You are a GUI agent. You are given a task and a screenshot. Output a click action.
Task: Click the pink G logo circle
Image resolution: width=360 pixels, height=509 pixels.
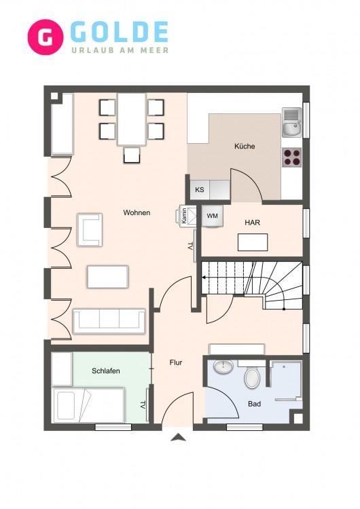45,37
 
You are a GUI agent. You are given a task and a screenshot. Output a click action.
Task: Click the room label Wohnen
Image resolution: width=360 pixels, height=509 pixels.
137,212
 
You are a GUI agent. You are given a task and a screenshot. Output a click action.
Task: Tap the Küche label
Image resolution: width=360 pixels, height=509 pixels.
245,146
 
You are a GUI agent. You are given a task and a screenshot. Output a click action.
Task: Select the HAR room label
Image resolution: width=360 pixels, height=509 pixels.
253,223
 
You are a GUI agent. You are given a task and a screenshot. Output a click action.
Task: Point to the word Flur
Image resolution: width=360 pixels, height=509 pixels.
176,362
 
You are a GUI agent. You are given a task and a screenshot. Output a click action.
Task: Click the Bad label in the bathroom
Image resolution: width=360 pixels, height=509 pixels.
255,404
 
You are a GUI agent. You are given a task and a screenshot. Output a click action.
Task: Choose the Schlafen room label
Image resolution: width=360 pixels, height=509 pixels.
106,371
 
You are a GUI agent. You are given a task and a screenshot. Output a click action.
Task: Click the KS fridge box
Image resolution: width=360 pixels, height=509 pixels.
200,189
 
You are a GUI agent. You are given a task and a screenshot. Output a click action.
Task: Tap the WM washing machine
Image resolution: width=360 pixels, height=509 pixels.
213,216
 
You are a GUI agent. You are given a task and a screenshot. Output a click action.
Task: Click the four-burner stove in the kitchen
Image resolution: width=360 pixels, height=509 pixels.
291,157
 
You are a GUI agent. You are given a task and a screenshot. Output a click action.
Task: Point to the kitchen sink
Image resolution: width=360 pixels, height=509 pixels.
292,122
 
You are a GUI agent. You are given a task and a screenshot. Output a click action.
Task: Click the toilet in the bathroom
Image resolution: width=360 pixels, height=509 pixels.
252,376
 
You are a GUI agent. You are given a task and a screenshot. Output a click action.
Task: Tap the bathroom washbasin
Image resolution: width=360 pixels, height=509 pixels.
223,366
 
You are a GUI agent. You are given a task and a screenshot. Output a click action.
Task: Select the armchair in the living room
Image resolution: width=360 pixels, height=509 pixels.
90,229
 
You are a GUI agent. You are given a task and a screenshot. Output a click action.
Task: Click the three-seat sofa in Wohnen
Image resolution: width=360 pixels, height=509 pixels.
109,321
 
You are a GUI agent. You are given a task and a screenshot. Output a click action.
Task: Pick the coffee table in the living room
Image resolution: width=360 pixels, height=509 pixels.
108,277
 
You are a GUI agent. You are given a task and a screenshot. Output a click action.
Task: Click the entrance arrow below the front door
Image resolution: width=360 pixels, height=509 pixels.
179,437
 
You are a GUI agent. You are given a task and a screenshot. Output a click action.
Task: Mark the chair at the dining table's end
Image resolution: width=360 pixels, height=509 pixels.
132,155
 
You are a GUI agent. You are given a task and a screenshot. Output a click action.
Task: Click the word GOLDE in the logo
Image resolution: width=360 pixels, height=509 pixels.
119,32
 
